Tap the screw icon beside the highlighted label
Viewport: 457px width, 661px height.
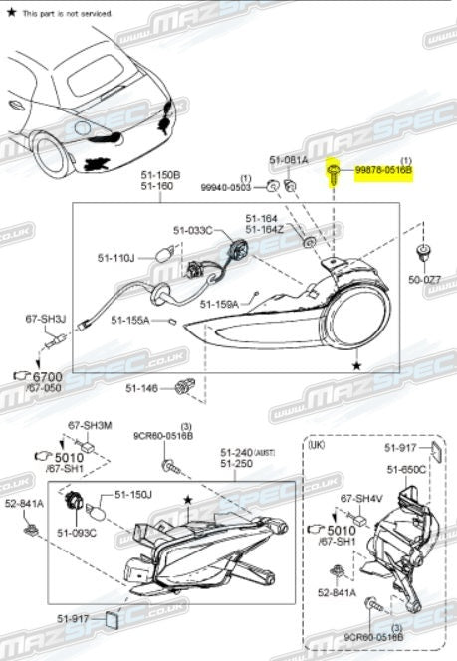(x=334, y=177)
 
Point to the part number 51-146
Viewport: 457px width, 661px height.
(x=144, y=387)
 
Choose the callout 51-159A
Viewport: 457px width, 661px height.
(x=218, y=303)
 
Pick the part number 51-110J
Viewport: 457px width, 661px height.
(x=115, y=258)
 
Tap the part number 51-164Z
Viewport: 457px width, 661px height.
(x=266, y=230)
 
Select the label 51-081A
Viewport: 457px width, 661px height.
(x=288, y=160)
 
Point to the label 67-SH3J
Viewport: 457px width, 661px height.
(x=45, y=319)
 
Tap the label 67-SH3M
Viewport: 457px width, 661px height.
(x=90, y=425)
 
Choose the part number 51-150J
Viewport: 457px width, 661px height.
(x=132, y=493)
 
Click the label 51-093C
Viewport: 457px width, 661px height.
(x=77, y=533)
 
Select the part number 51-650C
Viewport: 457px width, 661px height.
(x=406, y=468)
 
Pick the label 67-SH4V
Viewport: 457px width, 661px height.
(x=361, y=497)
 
